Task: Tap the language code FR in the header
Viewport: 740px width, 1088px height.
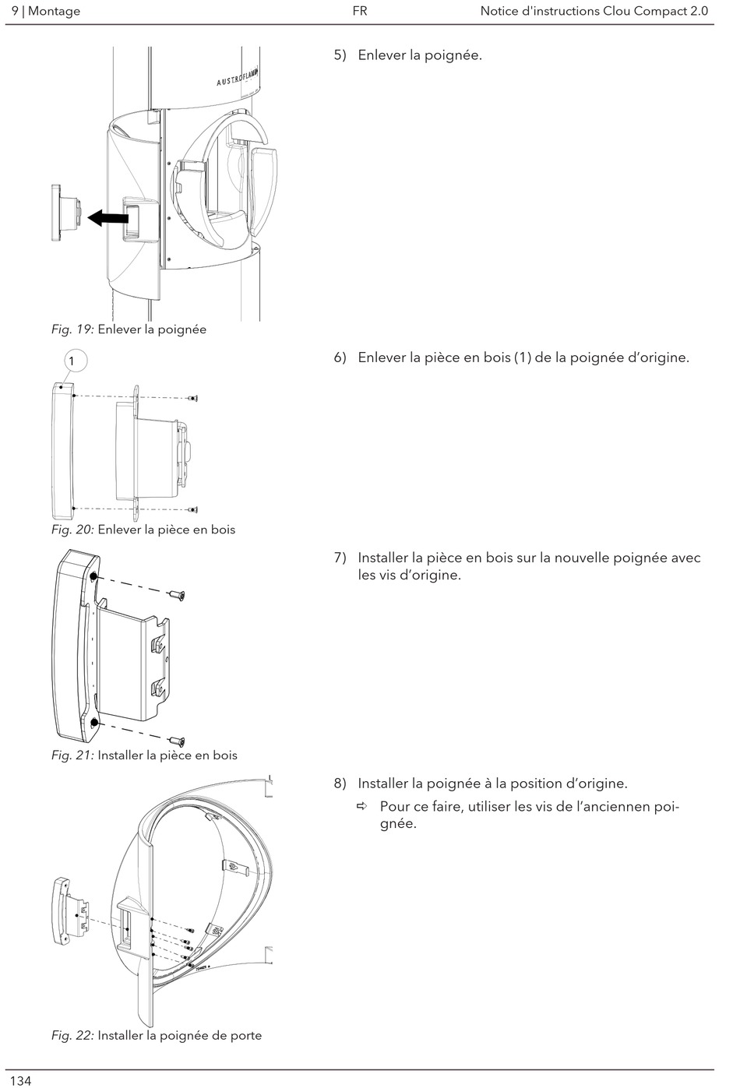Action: coord(359,11)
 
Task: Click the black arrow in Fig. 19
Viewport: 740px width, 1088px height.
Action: coord(107,219)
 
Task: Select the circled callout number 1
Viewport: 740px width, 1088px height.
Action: coord(72,361)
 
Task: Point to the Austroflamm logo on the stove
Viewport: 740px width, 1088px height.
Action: coord(241,80)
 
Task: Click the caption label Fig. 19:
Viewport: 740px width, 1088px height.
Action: coord(72,329)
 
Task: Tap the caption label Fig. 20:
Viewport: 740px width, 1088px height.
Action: coord(72,530)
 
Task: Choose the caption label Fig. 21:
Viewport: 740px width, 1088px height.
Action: coord(72,755)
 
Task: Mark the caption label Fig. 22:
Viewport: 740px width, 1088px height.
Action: coord(72,1035)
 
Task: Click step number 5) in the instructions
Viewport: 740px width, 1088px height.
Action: coord(340,55)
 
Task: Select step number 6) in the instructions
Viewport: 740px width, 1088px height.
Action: coord(340,358)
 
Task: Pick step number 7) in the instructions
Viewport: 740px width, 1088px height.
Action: coord(340,558)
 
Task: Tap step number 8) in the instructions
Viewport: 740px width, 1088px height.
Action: coord(340,783)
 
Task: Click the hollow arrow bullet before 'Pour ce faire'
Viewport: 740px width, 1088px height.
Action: coord(362,806)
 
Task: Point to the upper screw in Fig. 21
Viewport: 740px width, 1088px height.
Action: coord(177,596)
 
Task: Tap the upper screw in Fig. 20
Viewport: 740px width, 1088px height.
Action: coord(192,398)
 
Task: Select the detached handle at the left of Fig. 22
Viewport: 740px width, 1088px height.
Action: coord(71,909)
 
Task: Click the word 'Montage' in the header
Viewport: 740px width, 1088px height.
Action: coord(54,11)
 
